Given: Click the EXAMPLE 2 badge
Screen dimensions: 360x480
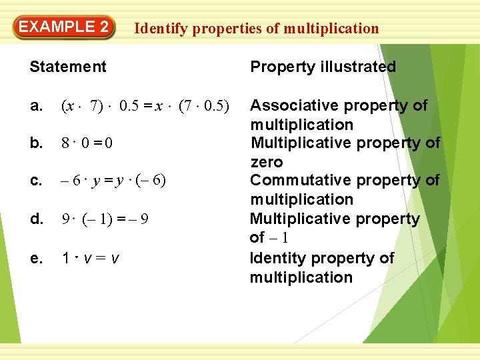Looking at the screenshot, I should click(x=64, y=28).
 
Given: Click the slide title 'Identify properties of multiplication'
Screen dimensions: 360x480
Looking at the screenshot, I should click(x=257, y=28).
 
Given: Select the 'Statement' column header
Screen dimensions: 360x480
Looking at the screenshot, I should click(x=68, y=67).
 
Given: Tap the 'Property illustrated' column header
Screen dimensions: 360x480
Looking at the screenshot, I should click(x=323, y=67).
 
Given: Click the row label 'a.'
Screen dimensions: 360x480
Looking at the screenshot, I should click(x=37, y=106).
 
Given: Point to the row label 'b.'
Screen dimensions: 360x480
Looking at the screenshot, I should click(x=37, y=143).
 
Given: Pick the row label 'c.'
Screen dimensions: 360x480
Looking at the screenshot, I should click(x=37, y=181).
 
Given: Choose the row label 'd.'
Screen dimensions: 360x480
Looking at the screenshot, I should click(x=37, y=219).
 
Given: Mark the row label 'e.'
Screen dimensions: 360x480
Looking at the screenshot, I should click(x=37, y=257).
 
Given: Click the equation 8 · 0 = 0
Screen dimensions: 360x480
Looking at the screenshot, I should click(x=86, y=143).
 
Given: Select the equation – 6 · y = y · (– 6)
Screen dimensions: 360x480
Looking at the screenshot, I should click(x=113, y=181).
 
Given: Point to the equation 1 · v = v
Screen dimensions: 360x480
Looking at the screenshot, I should click(x=91, y=257).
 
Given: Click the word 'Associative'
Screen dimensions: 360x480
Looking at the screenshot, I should click(x=291, y=105).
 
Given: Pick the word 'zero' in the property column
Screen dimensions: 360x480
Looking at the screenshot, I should click(x=267, y=162).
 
